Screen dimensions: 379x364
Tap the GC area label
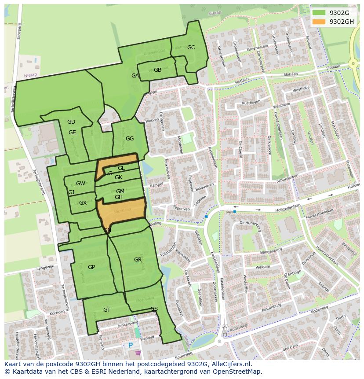(x=191, y=48)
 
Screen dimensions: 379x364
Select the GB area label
(x=157, y=70)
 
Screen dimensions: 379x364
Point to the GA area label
(x=135, y=76)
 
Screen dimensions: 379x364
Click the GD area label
(x=71, y=122)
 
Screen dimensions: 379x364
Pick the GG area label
(x=130, y=139)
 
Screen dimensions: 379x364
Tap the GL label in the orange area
(x=121, y=168)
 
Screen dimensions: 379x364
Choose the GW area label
(x=80, y=184)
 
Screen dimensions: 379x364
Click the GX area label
(x=83, y=203)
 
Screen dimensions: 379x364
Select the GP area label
(x=91, y=267)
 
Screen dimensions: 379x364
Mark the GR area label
(x=138, y=260)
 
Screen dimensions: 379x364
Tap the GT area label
(x=107, y=310)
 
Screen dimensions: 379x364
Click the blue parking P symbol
(x=131, y=346)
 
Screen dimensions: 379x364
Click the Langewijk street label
(x=45, y=267)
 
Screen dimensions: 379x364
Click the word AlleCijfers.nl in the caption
(x=230, y=364)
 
